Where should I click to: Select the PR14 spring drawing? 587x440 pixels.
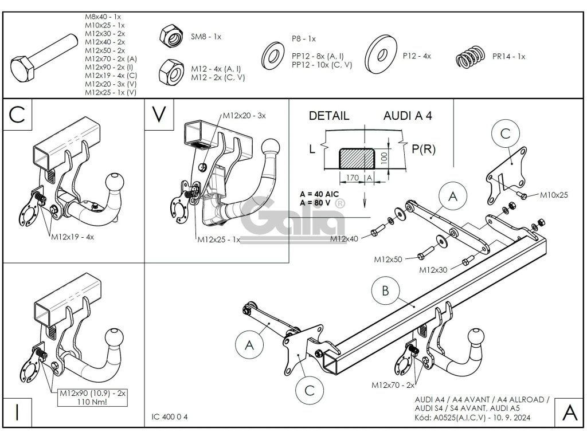(x=471, y=57)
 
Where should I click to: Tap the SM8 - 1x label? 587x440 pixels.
(x=206, y=37)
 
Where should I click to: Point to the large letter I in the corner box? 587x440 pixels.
(x=18, y=414)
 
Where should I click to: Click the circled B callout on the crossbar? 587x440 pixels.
(x=385, y=291)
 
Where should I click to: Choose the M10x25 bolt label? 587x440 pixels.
(x=554, y=195)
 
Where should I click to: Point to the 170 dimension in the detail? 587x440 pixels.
(x=352, y=179)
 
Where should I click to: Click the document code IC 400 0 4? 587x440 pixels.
(x=169, y=417)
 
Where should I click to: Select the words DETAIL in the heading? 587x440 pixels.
(x=328, y=116)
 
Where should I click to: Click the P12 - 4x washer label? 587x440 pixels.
(x=417, y=56)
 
